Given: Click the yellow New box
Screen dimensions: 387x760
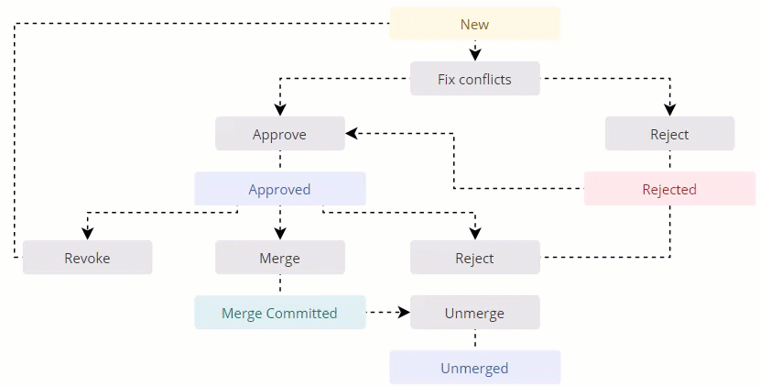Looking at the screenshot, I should (x=474, y=24).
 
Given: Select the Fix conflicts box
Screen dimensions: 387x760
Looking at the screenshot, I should (x=474, y=79).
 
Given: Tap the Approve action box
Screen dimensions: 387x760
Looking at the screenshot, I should (x=279, y=134).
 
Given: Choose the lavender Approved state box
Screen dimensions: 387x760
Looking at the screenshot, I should (x=279, y=189).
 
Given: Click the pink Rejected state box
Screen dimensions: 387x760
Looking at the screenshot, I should (x=669, y=189).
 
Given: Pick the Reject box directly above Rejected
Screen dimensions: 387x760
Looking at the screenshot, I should (x=669, y=134).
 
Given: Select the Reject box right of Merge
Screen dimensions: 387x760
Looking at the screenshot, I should (x=474, y=258).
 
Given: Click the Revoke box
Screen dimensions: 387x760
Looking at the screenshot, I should (x=87, y=258).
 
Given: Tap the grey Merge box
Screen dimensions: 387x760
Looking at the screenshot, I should (x=279, y=258).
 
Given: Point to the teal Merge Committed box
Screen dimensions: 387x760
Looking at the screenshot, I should (x=279, y=313).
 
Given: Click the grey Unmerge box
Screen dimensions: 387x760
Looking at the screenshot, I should (x=474, y=313).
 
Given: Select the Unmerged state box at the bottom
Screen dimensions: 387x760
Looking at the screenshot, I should (x=474, y=368).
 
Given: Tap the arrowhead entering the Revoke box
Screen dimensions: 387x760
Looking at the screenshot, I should (x=87, y=234).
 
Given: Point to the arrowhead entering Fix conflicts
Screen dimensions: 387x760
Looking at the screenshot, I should (x=474, y=55).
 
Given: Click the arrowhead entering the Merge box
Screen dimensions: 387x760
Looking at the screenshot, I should (x=279, y=234).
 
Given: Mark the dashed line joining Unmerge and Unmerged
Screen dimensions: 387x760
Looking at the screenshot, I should (x=474, y=339).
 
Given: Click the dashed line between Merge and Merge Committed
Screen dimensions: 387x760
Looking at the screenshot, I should (x=279, y=284).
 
